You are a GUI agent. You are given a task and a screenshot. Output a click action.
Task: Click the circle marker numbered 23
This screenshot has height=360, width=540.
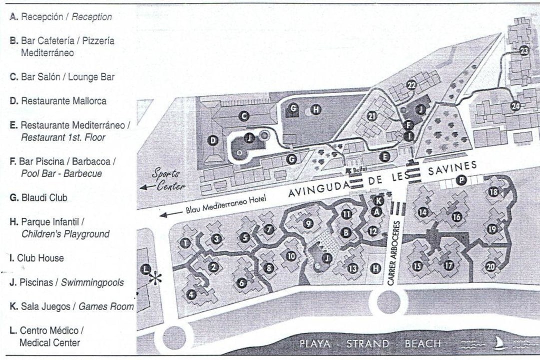tap(524, 50)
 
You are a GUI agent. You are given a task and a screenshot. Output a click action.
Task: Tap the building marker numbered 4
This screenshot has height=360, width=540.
tap(191, 295)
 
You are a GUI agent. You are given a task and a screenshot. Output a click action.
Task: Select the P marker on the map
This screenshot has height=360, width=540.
tap(461, 181)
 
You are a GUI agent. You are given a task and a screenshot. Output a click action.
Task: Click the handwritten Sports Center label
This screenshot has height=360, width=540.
tap(167, 179)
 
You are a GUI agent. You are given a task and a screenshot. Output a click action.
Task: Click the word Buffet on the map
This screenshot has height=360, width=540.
tap(360, 170)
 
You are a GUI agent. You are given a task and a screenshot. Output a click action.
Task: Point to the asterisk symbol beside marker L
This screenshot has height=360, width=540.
tap(157, 279)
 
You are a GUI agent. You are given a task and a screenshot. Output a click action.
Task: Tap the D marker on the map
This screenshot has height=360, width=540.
tap(213, 141)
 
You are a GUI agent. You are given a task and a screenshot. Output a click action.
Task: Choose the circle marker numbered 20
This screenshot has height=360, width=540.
tap(491, 267)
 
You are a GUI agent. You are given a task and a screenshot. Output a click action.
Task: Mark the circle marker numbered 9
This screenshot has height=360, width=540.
tap(308, 223)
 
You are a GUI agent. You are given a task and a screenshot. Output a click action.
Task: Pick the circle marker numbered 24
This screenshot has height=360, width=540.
tap(516, 105)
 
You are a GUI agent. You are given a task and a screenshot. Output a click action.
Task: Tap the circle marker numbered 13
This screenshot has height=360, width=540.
tap(353, 268)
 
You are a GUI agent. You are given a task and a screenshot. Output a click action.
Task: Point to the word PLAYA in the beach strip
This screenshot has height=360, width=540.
tap(315, 344)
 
